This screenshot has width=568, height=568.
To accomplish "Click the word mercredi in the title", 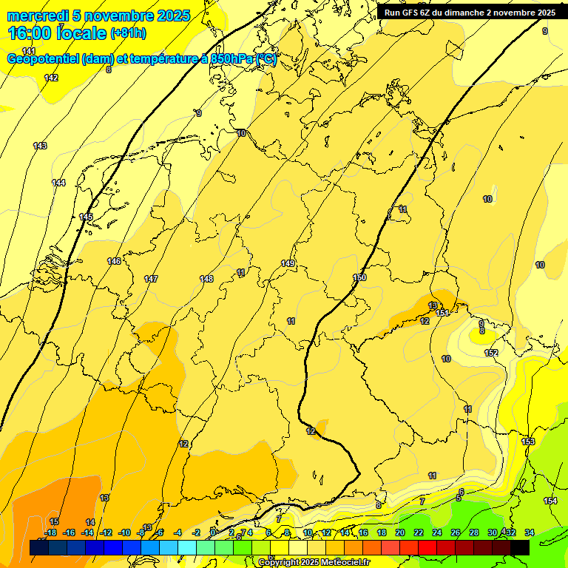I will (33, 16).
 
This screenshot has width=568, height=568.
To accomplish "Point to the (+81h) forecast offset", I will (128, 33).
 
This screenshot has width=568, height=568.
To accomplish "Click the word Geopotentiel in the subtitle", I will (43, 59).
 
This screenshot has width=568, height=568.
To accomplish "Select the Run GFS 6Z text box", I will (469, 13).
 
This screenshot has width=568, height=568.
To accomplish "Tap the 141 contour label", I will (28, 51).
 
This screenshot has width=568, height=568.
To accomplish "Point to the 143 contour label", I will (40, 146).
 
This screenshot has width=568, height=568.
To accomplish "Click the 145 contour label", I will (86, 217).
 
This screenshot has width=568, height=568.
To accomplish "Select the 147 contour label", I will (151, 279).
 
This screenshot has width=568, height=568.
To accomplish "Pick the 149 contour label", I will (288, 263).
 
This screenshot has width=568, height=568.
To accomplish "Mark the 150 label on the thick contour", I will (359, 277).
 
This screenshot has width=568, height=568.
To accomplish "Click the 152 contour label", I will (491, 353).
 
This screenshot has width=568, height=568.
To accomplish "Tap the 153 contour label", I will (528, 442).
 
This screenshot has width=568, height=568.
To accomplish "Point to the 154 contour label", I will (550, 501).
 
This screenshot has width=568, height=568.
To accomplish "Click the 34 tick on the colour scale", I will (530, 532).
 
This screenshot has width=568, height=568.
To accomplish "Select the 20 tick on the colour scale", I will (400, 532).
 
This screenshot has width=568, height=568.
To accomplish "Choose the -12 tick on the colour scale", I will (106, 532).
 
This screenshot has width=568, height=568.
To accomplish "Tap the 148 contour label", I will (206, 279).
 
